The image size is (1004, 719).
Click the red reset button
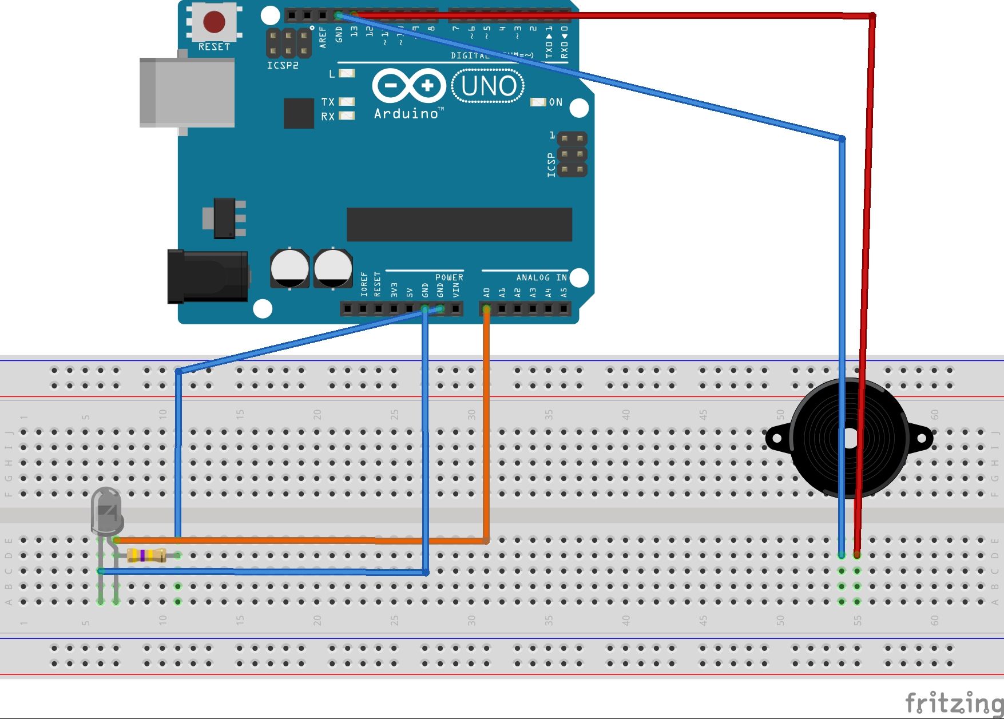(x=214, y=22)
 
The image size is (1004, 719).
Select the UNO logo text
(x=488, y=86)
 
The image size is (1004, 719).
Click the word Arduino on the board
(x=406, y=114)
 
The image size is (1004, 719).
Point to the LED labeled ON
(x=538, y=102)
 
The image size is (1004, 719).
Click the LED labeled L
(x=347, y=73)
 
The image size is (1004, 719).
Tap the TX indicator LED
(x=347, y=101)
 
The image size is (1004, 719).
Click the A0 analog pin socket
(x=486, y=309)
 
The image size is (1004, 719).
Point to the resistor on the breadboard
(x=146, y=555)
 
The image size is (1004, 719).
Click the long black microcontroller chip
(x=459, y=225)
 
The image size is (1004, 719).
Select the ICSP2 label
(x=283, y=65)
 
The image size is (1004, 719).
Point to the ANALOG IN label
(x=541, y=277)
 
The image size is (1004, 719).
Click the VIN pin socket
(x=456, y=309)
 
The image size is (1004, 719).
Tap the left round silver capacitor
(x=289, y=268)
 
